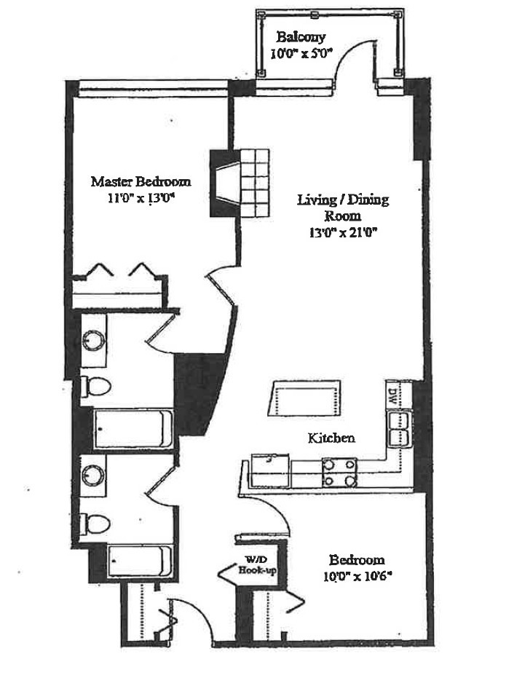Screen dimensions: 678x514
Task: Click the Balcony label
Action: (x=300, y=37)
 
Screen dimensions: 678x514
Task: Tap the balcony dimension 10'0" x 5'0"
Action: (x=301, y=52)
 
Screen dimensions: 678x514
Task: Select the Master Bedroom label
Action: (x=141, y=181)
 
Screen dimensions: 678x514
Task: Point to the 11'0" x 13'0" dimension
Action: (x=141, y=197)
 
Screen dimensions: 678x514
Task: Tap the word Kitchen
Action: (x=331, y=438)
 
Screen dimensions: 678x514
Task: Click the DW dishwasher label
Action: (x=391, y=398)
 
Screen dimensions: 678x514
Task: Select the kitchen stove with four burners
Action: (x=339, y=471)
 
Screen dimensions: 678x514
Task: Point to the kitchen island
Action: (x=304, y=398)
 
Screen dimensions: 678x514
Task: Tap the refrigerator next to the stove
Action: (x=270, y=471)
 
